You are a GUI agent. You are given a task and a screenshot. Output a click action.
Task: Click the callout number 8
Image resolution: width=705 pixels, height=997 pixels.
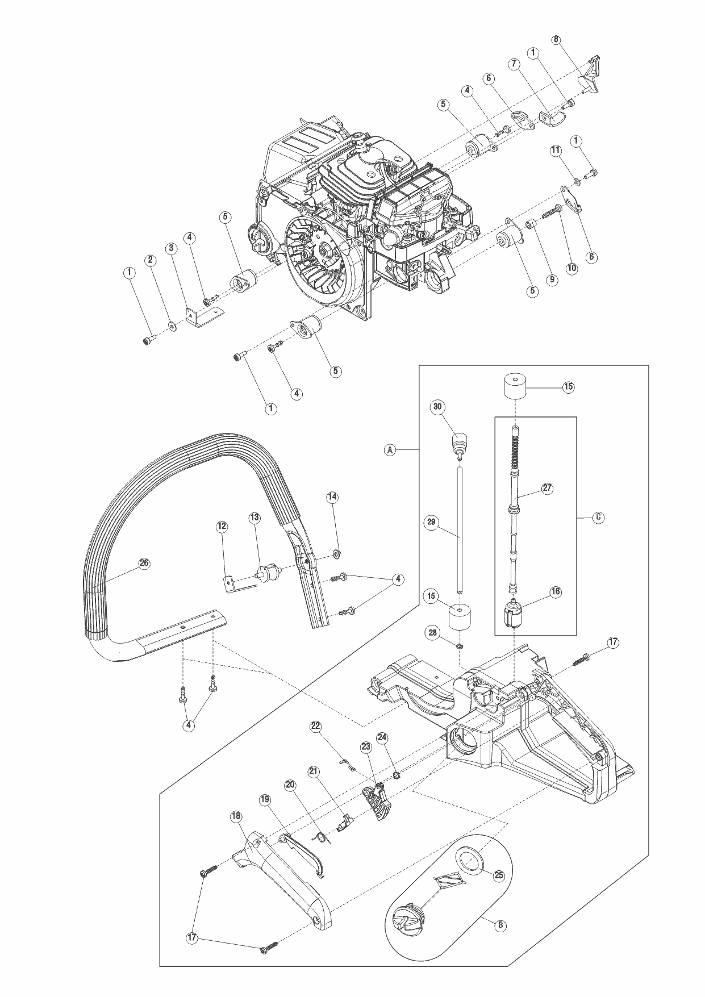pyautogui.click(x=556, y=40)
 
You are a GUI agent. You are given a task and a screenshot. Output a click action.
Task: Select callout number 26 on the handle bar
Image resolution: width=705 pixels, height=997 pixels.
pyautogui.click(x=144, y=563)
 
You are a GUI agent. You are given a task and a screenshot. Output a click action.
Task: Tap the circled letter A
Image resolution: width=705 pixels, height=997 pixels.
pyautogui.click(x=390, y=450)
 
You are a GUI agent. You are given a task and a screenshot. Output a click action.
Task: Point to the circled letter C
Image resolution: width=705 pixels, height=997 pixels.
pyautogui.click(x=598, y=518)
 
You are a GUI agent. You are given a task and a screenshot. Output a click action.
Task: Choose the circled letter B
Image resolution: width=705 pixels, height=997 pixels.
pyautogui.click(x=500, y=925)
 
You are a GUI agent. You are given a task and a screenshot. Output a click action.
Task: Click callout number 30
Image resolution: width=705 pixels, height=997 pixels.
pyautogui.click(x=437, y=407)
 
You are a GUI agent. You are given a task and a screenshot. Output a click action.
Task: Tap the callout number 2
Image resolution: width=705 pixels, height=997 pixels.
pyautogui.click(x=151, y=260)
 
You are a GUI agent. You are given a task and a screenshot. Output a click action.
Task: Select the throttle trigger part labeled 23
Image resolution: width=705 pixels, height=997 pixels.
pyautogui.click(x=376, y=801)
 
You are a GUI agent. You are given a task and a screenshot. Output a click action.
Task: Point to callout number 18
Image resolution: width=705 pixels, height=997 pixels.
pyautogui.click(x=236, y=816)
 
